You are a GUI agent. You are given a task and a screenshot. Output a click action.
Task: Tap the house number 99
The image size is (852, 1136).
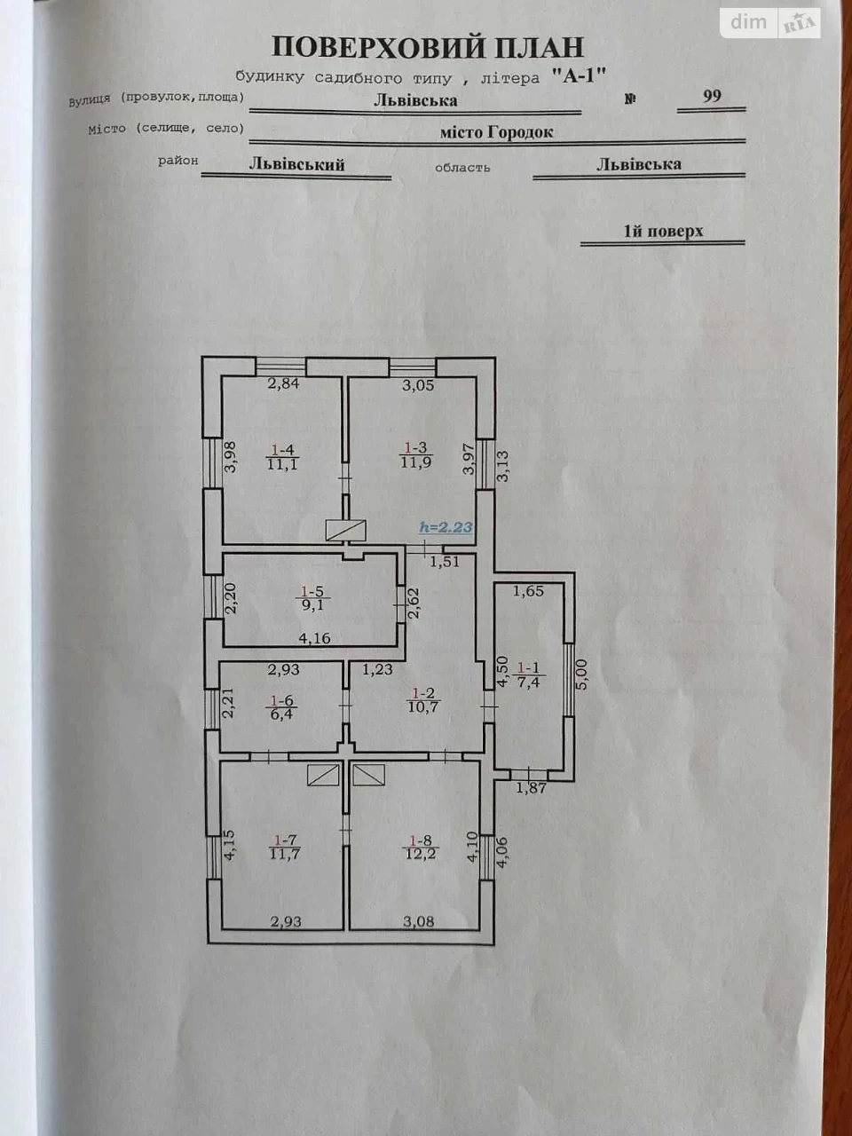coord(712,96)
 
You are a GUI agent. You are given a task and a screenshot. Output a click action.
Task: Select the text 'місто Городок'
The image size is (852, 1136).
coord(497,132)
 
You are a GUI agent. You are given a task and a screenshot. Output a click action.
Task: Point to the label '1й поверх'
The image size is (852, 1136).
coord(663,231)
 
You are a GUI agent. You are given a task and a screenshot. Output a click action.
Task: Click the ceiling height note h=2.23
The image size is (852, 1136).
coord(446,527)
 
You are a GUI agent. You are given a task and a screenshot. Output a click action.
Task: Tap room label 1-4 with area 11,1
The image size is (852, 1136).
coord(282,456)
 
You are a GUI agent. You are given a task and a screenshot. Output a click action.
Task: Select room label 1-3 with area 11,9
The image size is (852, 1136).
coord(416,454)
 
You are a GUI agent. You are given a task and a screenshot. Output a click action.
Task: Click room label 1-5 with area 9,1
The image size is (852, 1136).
coord(312,597)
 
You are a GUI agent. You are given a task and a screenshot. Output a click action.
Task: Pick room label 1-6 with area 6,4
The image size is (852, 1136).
coord(282,707)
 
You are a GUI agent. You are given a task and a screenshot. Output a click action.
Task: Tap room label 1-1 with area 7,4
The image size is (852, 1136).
coord(528,676)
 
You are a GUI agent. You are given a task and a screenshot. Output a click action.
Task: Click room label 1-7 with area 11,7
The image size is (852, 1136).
coord(285,847)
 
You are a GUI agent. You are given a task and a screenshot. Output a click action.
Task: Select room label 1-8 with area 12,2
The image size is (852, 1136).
coord(419,848)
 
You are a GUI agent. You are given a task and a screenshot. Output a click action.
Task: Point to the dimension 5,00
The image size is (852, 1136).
coord(581,674)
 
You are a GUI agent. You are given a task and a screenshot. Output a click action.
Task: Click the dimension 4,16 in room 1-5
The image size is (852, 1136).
coord(314,638)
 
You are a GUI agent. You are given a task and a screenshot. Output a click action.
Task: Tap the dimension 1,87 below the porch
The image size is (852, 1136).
coord(532,788)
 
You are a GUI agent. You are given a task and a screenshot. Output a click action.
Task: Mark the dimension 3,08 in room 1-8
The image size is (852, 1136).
coord(419,921)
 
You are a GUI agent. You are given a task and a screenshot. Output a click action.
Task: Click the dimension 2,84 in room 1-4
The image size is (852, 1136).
coord(283,384)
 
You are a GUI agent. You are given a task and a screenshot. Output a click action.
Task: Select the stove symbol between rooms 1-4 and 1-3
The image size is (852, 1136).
coord(345,530)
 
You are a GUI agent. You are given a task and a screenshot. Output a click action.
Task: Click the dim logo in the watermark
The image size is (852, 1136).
coord(748,22)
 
